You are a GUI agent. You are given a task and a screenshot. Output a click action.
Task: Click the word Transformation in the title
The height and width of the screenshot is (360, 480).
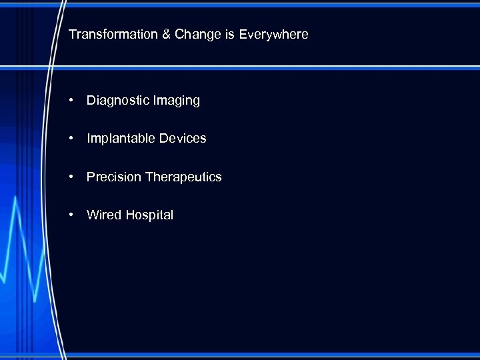click(x=113, y=34)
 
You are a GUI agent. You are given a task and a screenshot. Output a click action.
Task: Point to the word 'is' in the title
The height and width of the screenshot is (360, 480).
click(x=229, y=34)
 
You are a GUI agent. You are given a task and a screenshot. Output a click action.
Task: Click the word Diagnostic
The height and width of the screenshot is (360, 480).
click(x=117, y=101)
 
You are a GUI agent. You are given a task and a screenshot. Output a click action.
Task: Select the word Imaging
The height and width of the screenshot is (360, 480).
click(x=175, y=101)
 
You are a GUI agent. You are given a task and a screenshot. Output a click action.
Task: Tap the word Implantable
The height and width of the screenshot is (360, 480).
click(x=121, y=139)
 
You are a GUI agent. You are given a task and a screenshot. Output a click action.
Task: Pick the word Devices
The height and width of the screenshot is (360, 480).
click(x=183, y=139)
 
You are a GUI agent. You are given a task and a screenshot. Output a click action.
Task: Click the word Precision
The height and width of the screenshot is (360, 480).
click(x=113, y=177)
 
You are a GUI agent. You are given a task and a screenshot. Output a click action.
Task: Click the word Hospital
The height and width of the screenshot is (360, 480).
click(x=149, y=215)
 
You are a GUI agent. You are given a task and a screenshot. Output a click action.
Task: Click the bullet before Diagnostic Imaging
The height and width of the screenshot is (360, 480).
click(x=70, y=101)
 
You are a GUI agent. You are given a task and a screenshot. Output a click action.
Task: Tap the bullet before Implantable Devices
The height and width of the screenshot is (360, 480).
click(x=70, y=139)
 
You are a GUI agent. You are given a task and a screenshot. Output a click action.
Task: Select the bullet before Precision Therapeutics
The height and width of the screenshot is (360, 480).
click(x=70, y=177)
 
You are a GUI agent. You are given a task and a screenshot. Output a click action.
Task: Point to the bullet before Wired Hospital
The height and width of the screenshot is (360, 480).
click(x=70, y=215)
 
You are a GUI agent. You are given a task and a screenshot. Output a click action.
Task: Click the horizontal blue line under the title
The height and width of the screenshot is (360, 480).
click(x=267, y=67)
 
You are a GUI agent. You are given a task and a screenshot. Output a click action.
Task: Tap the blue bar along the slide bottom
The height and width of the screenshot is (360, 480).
click(x=267, y=355)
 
